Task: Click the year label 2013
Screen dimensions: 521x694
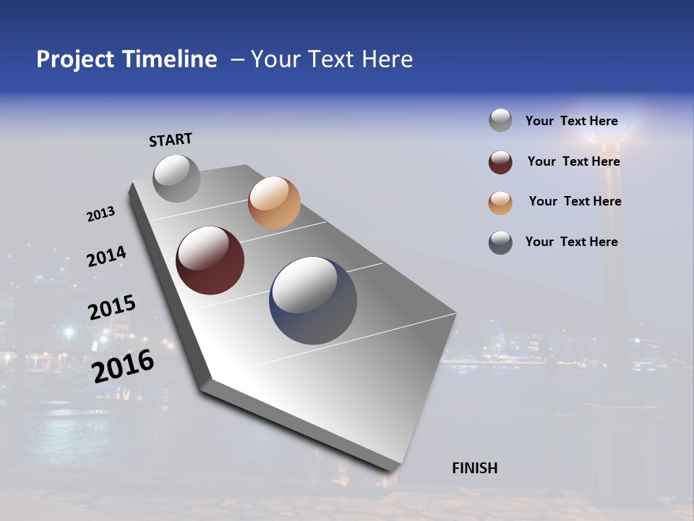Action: click(x=100, y=213)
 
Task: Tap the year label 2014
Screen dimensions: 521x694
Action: click(x=106, y=256)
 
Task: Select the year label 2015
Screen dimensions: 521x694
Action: click(x=112, y=308)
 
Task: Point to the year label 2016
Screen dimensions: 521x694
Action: click(x=123, y=366)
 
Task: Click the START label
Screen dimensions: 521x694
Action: click(x=171, y=140)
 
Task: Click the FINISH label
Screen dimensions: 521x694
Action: click(x=475, y=468)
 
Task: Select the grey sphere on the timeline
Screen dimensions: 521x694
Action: click(x=176, y=179)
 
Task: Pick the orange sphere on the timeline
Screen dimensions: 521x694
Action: click(x=274, y=203)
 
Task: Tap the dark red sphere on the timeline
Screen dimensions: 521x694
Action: click(x=210, y=260)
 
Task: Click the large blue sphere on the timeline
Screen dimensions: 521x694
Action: click(x=313, y=301)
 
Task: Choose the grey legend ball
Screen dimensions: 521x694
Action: click(x=500, y=121)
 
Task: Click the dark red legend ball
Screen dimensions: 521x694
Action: click(x=500, y=162)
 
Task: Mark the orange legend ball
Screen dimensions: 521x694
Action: click(x=500, y=202)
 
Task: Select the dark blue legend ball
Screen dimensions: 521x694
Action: click(x=500, y=242)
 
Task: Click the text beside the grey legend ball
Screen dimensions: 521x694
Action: click(x=571, y=122)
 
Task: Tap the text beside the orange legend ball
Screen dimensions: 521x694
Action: click(x=575, y=201)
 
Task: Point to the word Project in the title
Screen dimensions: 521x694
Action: click(x=75, y=59)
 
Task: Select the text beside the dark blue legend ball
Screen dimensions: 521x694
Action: click(x=571, y=242)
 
